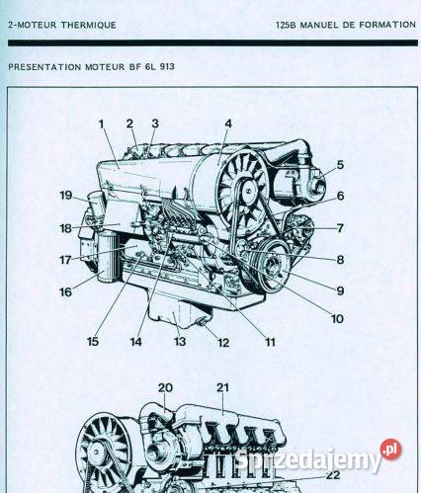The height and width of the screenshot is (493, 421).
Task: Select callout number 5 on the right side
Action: tap(339, 165)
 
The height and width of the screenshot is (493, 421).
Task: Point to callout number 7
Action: tap(339, 228)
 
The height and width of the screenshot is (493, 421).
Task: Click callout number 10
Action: tap(337, 318)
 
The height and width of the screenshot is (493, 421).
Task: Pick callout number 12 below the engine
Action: tap(223, 343)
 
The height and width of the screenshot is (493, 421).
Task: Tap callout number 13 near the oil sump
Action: tap(179, 342)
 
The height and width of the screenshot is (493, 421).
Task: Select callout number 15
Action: tap(92, 342)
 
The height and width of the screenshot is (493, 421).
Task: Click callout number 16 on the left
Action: tap(65, 291)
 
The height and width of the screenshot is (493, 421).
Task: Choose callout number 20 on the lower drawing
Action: tap(165, 387)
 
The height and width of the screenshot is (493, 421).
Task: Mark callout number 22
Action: tap(332, 447)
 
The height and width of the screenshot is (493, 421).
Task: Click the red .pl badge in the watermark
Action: tap(392, 450)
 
